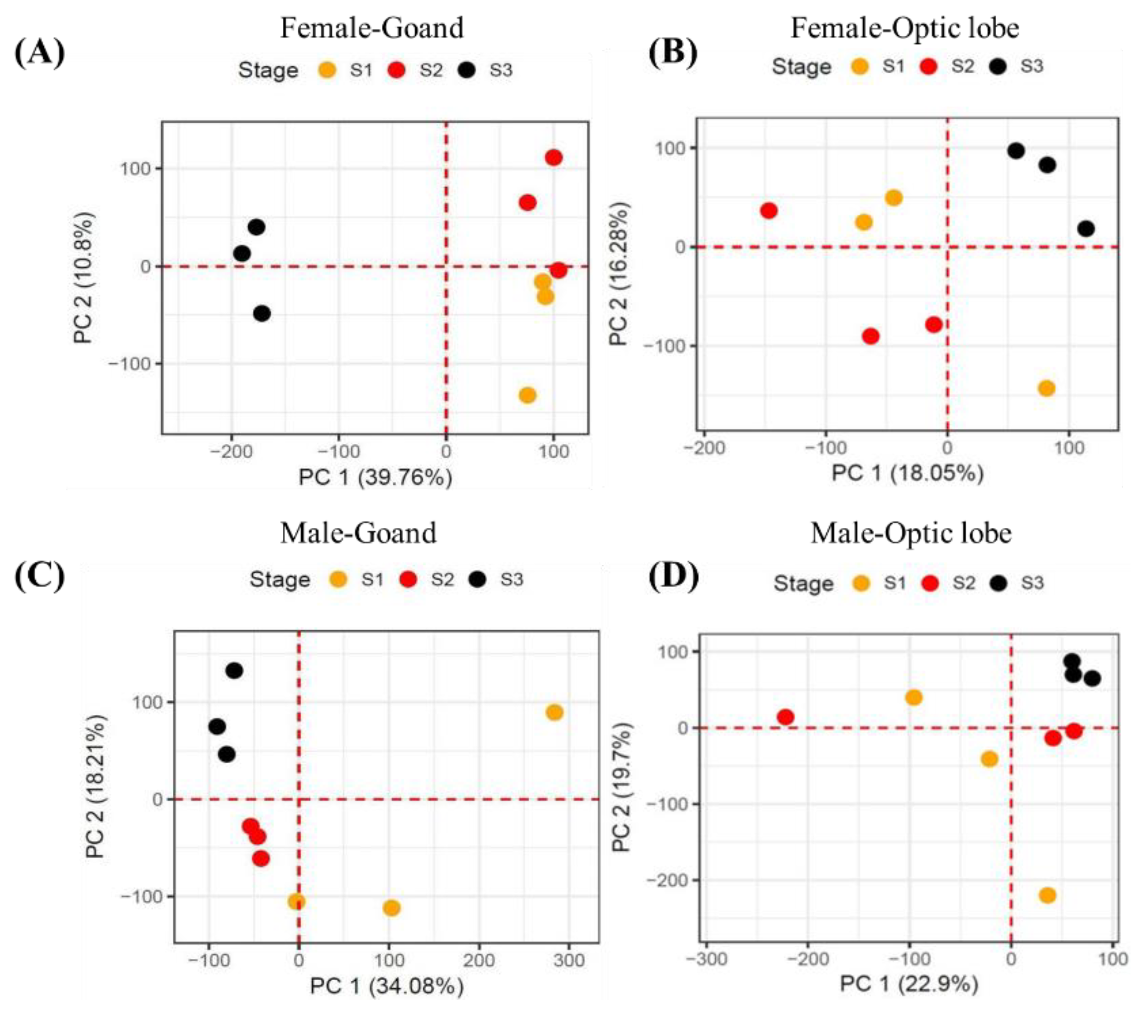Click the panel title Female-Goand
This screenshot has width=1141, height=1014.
point(371,28)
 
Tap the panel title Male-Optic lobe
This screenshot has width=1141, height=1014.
point(911,533)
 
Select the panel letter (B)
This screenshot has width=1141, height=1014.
point(673,53)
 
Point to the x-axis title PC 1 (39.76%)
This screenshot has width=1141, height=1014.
point(375,478)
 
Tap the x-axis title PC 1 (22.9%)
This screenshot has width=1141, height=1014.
point(909,984)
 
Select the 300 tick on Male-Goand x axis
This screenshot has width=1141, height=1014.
point(569,960)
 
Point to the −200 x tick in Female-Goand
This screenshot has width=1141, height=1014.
point(230,451)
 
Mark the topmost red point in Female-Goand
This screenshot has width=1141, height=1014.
point(553,158)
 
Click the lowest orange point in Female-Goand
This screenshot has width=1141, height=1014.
point(528,395)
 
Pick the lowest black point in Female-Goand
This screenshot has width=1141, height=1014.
point(262,313)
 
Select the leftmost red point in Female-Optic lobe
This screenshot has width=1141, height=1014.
point(769,210)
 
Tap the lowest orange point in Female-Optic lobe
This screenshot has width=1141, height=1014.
point(1046,389)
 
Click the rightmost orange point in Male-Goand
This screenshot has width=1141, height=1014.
point(554,712)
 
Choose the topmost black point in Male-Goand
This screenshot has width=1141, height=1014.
point(234,670)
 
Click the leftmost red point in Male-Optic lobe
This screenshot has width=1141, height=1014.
point(786,717)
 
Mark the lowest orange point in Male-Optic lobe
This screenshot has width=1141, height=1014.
point(1048,895)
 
